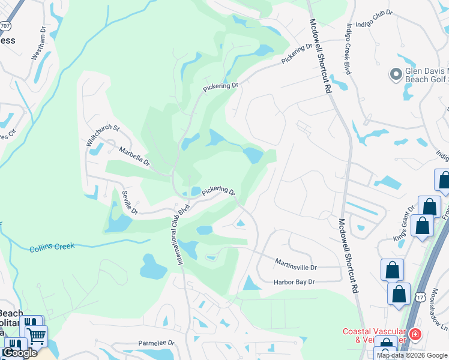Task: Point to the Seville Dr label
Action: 130,202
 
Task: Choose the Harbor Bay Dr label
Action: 294,282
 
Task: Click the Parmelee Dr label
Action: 155,343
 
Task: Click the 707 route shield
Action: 5,26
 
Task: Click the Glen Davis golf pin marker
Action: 396,74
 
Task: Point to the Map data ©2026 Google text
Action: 412,355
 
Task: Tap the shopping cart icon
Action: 37,337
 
